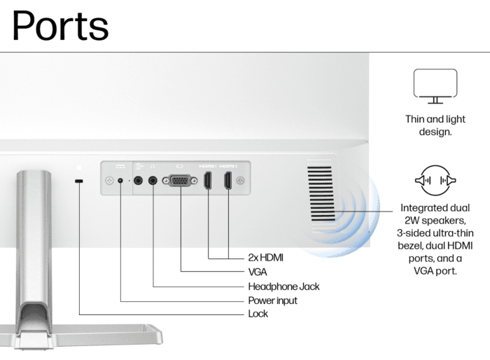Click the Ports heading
(x=60, y=26)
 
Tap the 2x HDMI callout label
(x=265, y=258)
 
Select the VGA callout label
(x=258, y=272)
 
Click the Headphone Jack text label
(x=283, y=286)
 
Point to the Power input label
(x=272, y=300)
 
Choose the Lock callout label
(x=258, y=314)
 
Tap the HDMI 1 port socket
(x=207, y=181)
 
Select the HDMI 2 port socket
(x=227, y=181)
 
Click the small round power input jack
(x=120, y=181)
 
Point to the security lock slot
(x=79, y=181)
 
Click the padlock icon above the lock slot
(x=79, y=167)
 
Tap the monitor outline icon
(x=435, y=86)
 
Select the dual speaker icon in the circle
(x=435, y=181)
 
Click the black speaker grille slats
(x=321, y=194)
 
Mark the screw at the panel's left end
(x=109, y=181)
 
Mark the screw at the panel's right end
(x=240, y=181)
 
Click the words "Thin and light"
(x=435, y=119)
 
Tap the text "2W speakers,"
(x=435, y=221)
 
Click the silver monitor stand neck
(x=34, y=237)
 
